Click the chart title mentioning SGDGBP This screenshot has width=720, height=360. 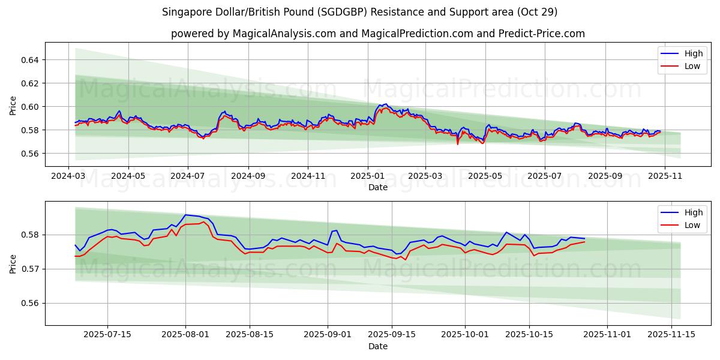tap(359, 12)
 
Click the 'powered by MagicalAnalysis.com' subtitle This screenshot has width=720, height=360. tap(377, 34)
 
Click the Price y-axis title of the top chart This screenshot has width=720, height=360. tap(13, 105)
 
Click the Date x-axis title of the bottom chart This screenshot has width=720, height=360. tap(377, 347)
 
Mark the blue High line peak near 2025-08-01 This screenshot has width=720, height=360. tap(185, 215)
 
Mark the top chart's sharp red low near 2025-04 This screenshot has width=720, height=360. tap(457, 144)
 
